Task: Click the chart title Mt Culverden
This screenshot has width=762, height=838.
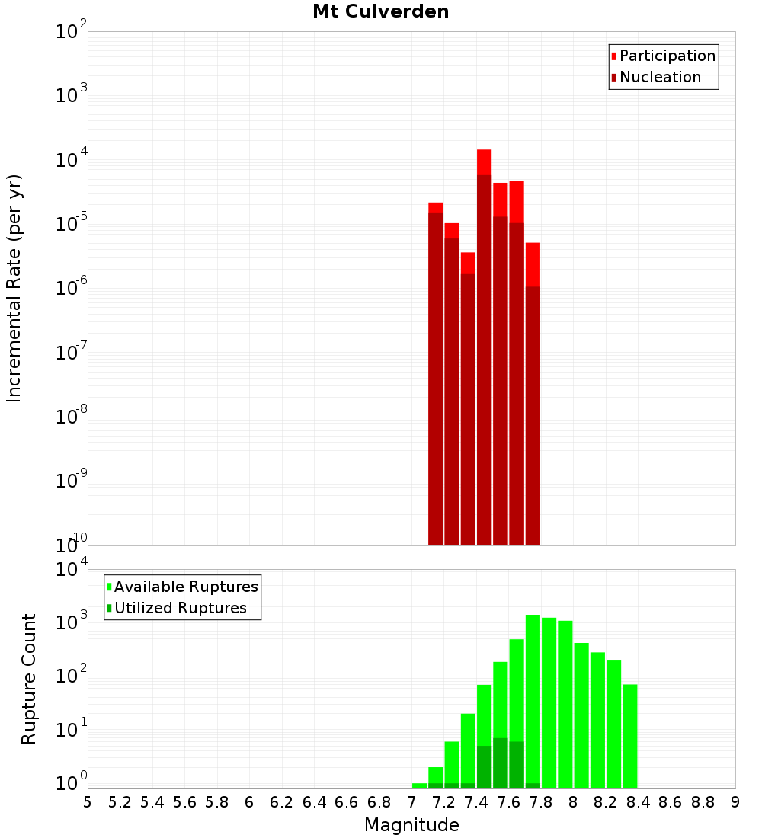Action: (381, 11)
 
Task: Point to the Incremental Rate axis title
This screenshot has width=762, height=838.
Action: (14, 288)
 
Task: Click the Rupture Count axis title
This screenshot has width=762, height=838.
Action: (29, 678)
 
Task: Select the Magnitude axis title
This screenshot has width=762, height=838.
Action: (411, 825)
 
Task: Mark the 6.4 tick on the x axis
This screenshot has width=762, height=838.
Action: (315, 801)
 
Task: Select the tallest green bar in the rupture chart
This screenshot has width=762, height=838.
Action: (533, 701)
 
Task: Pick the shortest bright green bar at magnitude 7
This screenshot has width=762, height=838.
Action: (419, 785)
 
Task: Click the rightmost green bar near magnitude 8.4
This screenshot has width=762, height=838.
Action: (629, 736)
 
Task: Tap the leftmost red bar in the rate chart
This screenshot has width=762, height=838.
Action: (436, 373)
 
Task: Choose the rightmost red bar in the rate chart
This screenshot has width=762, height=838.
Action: (533, 396)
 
